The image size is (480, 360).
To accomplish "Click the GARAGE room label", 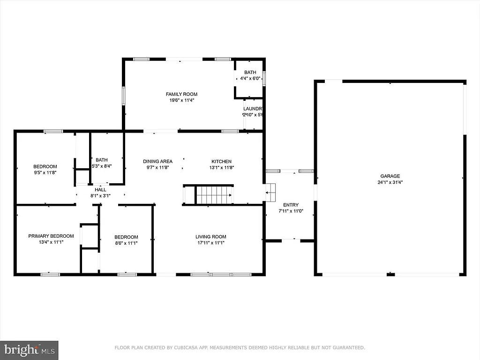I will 390,176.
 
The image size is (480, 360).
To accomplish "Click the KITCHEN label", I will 221,161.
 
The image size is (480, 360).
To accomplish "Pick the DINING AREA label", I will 157,161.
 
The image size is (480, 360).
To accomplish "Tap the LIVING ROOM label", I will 211,237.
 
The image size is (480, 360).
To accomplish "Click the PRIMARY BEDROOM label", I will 51,236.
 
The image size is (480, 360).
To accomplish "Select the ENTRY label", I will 291,205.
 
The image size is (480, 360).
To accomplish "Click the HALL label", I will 101,189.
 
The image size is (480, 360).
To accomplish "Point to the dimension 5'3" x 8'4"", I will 101,166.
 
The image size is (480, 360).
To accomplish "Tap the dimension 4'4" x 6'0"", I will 250,79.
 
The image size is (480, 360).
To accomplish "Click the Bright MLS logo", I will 29,350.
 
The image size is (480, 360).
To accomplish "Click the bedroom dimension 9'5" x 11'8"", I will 45,172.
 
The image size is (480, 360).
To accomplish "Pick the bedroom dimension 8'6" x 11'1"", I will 126,243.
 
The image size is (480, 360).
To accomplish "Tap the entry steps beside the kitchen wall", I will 271,192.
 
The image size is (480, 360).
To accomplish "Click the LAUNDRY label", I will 252,109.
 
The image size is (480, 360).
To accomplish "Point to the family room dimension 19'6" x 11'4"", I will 181,100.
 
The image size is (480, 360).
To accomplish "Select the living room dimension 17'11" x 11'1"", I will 211,243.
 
